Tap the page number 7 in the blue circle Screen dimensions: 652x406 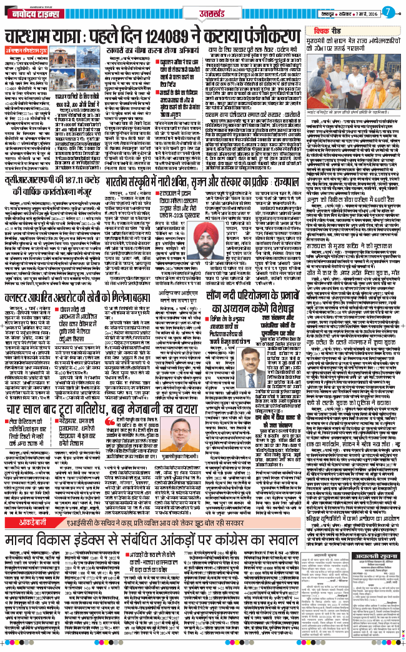pos(387,12)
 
